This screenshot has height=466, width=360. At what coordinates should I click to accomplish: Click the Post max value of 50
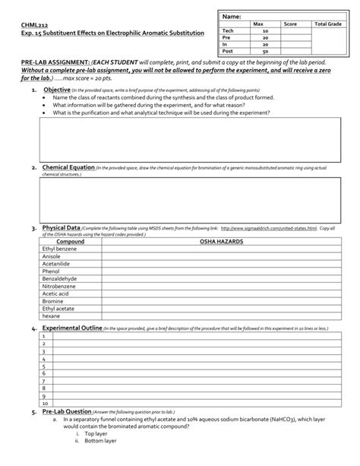click(x=265, y=51)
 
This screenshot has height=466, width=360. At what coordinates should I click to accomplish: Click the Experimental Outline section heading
click(x=73, y=328)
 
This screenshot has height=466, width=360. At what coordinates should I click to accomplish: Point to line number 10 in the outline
click(x=46, y=404)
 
